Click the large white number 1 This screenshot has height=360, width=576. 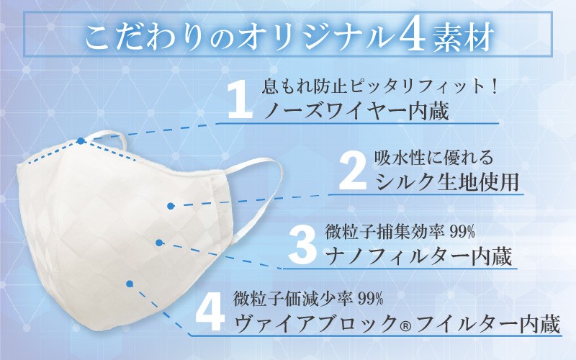[x=240, y=100]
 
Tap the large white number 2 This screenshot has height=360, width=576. [x=353, y=171]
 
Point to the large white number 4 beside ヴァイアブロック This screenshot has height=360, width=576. [x=210, y=313]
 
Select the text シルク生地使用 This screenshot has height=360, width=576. [x=447, y=181]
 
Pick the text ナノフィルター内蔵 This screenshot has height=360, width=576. [x=419, y=256]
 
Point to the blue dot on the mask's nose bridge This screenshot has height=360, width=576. [x=81, y=140]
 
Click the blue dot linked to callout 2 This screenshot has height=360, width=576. [x=171, y=206]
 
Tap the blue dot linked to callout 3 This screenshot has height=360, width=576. [x=159, y=243]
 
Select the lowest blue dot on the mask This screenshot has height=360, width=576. [x=130, y=284]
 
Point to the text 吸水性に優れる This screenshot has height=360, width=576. [x=433, y=158]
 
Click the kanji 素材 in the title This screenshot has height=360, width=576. [x=462, y=37]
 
